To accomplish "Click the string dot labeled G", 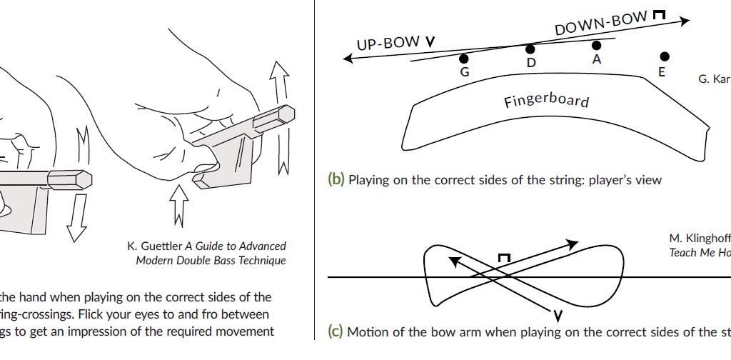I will point(464,59).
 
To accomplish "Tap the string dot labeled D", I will point(530,49).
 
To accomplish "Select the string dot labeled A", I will point(597,46).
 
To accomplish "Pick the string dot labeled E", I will point(665,56).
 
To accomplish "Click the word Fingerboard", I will point(546,101).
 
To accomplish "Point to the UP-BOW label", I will point(388,44).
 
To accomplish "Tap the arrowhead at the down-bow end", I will point(685,21).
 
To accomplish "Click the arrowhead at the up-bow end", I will point(348,58).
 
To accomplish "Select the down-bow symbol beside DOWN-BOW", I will point(660,14).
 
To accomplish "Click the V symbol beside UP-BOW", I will point(430,41).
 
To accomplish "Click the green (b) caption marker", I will point(336,180).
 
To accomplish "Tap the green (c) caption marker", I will point(336,331).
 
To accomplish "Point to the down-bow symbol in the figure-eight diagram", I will point(504,259).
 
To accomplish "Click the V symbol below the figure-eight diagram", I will point(558,315).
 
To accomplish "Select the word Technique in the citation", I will point(260,261).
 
